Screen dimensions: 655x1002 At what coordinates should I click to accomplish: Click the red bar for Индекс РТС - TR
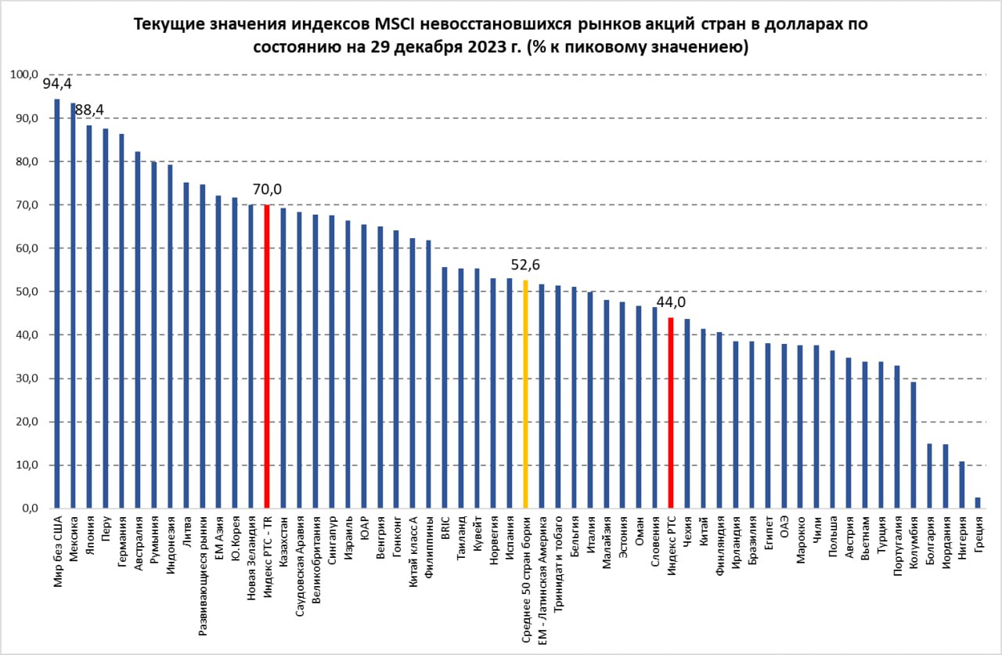tap(267, 356)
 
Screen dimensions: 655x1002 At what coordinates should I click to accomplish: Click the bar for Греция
tap(978, 503)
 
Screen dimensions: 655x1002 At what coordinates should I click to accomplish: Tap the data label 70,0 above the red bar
tap(267, 190)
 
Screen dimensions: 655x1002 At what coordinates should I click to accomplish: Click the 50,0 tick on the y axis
tap(23, 291)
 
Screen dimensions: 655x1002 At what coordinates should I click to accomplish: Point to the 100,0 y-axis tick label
tap(23, 74)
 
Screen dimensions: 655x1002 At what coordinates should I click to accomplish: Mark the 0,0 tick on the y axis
tap(27, 508)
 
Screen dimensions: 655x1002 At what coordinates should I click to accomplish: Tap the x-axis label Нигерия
tap(962, 540)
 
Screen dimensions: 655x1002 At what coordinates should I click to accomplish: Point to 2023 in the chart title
tap(483, 47)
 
